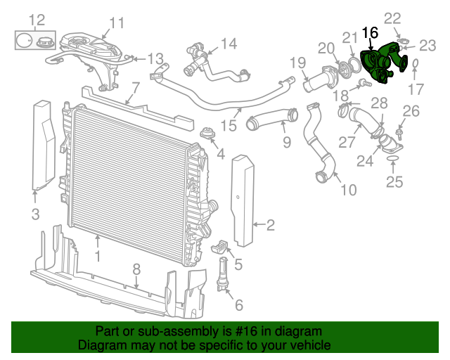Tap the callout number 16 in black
[x=371, y=33]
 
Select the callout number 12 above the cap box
[x=37, y=20]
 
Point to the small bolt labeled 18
[x=364, y=84]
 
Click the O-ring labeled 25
[x=393, y=158]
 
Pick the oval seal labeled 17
[x=415, y=64]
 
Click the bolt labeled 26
[x=399, y=134]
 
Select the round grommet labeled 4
[x=208, y=133]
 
